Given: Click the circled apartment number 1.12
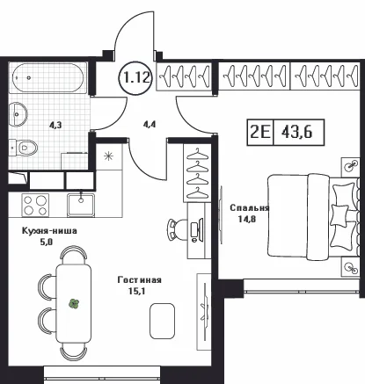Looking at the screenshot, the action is coord(135,77).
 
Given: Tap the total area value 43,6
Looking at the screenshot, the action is coord(297,133).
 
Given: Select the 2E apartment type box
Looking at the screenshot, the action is coord(260,133).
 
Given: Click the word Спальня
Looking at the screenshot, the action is coord(249,208).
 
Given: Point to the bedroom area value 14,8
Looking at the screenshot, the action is coord(247,219).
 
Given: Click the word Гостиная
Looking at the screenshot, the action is coord(139,280).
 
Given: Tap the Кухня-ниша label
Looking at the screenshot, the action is coord(49,231).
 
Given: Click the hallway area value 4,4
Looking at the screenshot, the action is coord(150,125).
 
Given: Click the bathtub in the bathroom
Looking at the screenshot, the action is coord(48,77).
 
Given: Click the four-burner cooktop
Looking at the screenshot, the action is coord(35,205).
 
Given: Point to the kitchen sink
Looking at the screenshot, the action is coord(81,205).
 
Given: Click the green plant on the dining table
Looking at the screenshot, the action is coord(75,304).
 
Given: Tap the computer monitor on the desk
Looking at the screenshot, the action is coord(196,229).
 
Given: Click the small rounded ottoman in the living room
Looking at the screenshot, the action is coord(162,321).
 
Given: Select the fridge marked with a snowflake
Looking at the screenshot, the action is coord(109,156).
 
